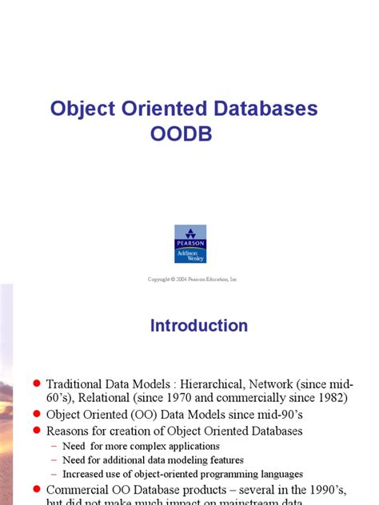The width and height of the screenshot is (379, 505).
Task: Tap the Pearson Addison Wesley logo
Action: (189, 244)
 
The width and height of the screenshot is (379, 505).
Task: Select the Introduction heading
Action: (199, 326)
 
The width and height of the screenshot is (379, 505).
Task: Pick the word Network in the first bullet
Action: (291, 383)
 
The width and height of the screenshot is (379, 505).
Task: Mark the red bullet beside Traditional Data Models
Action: (36, 383)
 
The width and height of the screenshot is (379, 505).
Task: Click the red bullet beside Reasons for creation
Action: (36, 431)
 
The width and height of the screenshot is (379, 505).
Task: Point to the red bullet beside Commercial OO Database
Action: (36, 489)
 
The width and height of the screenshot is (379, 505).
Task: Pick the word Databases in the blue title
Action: (263, 109)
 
